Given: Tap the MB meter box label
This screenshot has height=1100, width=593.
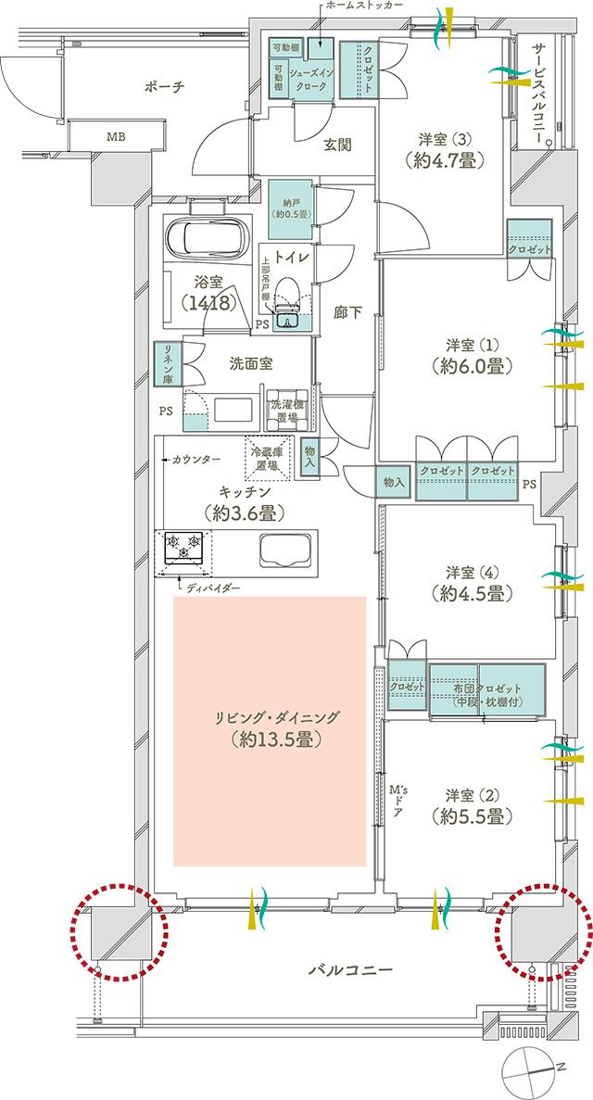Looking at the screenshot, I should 115,137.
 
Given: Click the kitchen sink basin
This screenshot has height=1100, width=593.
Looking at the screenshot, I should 285,552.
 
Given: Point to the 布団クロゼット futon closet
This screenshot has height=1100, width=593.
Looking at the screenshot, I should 486,692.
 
